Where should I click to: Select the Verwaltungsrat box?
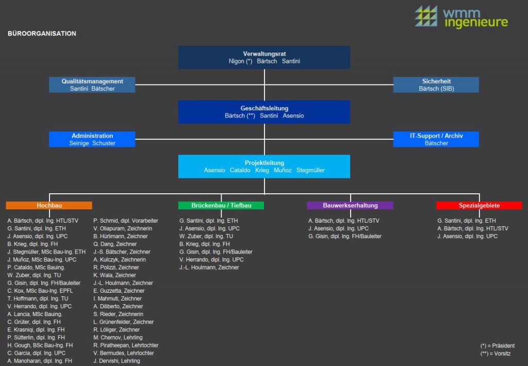[264, 57]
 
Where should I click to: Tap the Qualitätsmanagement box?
[92, 85]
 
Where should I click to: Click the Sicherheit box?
[436, 85]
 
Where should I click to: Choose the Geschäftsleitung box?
[264, 112]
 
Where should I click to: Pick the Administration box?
[92, 139]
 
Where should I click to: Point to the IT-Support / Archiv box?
[436, 139]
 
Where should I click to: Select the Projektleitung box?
[264, 166]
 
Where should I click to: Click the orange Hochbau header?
[49, 205]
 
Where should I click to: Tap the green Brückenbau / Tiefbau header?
[221, 205]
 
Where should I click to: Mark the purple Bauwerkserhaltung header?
[350, 205]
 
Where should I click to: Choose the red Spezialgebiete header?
[479, 205]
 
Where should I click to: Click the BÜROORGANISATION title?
[42, 34]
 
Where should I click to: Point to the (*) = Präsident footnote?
[497, 345]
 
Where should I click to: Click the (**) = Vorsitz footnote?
[496, 354]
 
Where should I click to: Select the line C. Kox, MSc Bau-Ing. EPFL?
[41, 291]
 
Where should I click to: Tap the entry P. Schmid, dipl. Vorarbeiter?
[126, 221]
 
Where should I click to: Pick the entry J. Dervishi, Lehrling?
[117, 361]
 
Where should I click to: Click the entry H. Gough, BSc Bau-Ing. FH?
[40, 345]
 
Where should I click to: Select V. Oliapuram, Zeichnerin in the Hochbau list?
[123, 228]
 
